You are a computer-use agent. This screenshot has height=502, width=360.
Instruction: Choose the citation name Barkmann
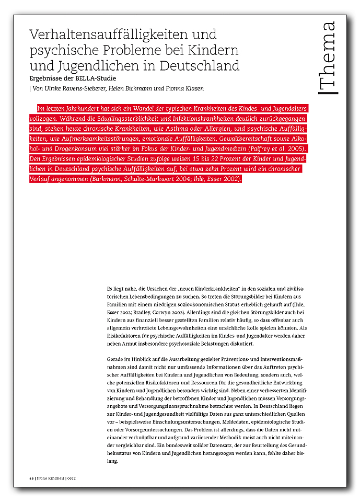pos(107,179)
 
